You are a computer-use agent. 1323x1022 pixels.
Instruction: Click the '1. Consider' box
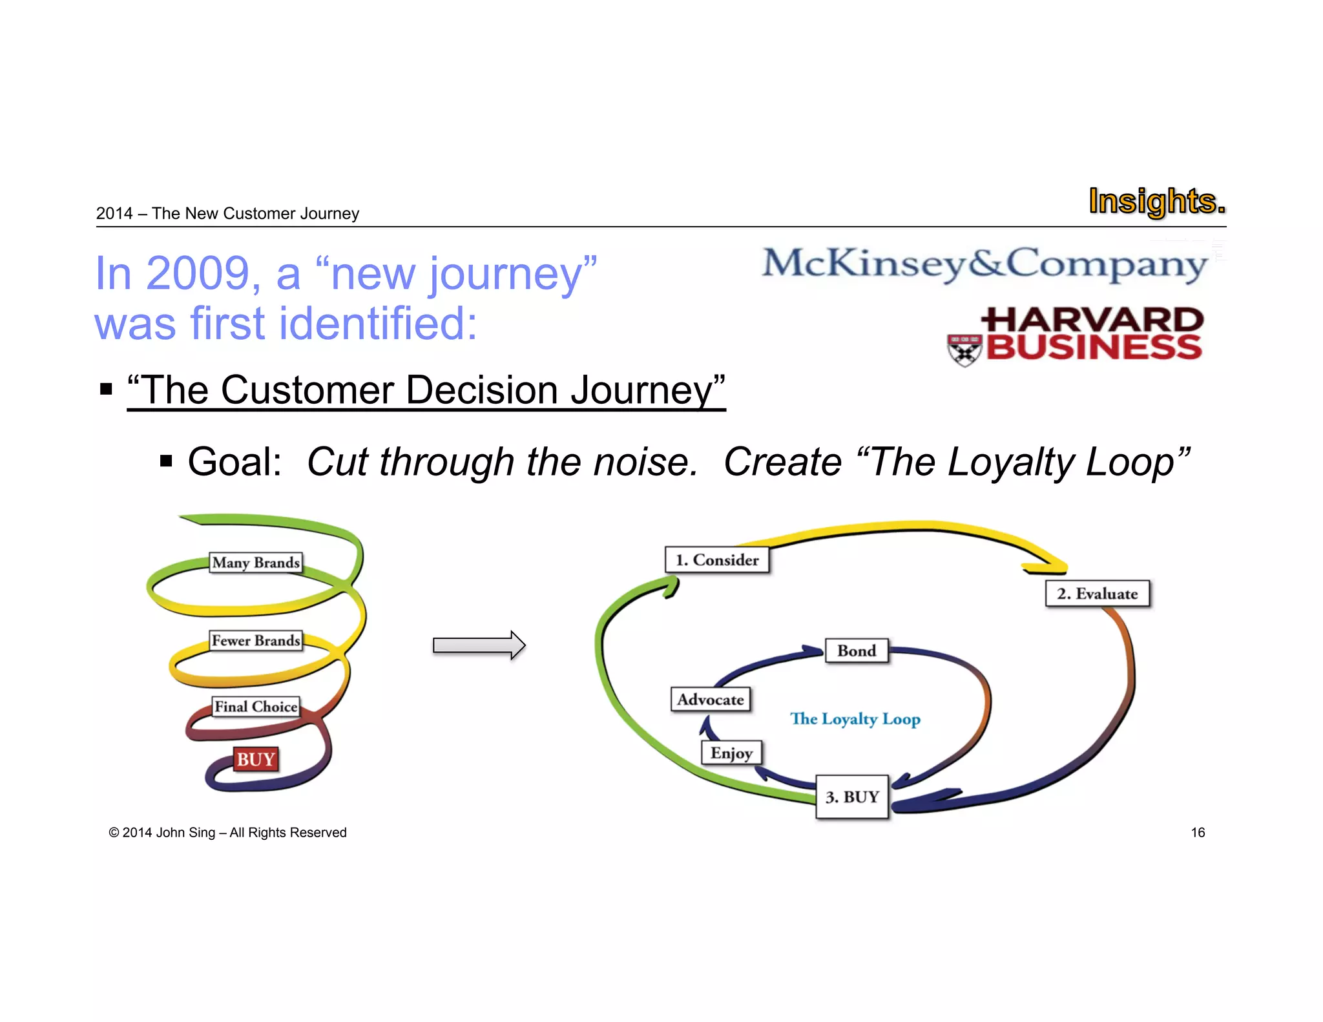click(716, 560)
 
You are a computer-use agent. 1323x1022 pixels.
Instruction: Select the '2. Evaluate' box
click(1097, 594)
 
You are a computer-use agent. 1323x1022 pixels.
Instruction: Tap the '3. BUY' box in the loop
click(852, 797)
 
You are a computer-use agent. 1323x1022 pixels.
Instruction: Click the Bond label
click(857, 651)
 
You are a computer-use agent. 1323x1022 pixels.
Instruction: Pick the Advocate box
click(711, 700)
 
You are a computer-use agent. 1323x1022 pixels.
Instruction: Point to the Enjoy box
click(731, 753)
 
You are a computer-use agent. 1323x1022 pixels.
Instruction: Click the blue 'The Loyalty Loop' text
click(855, 719)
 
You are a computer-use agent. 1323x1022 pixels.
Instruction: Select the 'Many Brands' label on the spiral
click(256, 563)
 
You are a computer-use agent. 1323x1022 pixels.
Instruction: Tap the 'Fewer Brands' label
click(256, 641)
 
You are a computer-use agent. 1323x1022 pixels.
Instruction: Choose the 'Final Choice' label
click(256, 707)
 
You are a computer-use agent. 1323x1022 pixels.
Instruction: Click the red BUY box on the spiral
click(256, 760)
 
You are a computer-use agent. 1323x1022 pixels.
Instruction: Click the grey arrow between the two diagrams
click(479, 645)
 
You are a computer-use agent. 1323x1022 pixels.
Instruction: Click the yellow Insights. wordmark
click(1156, 201)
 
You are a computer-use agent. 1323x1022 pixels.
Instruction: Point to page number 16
click(1198, 833)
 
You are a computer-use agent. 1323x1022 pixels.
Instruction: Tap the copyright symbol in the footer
click(114, 833)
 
